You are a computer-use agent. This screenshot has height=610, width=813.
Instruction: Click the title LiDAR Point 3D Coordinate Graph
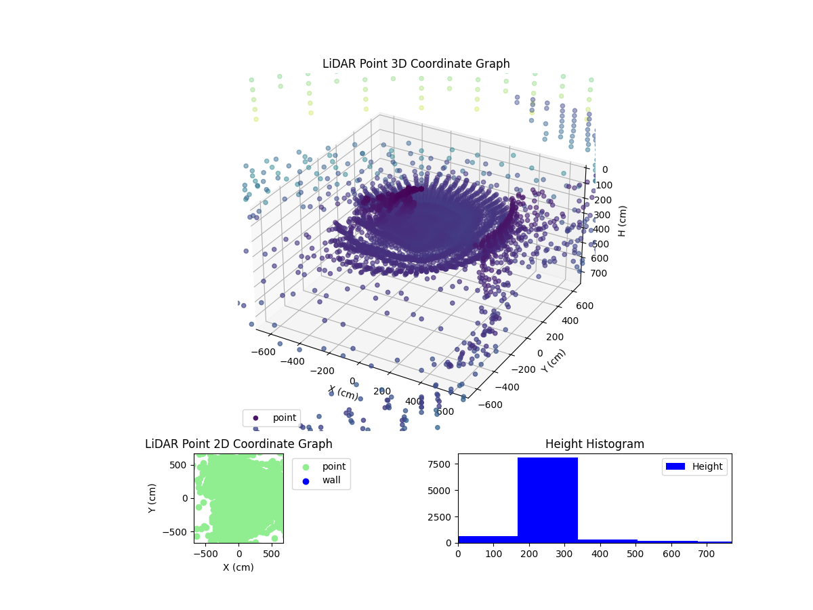(416, 64)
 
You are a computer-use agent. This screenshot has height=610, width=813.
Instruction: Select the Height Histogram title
(594, 444)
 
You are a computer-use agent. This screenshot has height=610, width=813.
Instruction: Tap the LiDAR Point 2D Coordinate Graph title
(238, 444)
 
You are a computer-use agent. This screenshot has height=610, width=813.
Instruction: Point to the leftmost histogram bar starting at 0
(488, 540)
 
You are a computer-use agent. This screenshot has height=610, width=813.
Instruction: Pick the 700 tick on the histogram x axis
(707, 554)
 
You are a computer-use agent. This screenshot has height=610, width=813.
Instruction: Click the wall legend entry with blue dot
(322, 481)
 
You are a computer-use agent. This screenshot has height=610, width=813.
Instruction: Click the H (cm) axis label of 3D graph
(623, 221)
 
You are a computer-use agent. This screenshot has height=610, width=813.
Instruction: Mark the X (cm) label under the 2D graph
(238, 567)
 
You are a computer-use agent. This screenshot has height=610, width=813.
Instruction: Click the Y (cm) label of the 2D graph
(153, 498)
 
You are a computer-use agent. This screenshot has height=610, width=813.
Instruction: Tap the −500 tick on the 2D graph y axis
(178, 531)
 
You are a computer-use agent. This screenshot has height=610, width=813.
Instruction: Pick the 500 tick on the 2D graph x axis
(272, 554)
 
